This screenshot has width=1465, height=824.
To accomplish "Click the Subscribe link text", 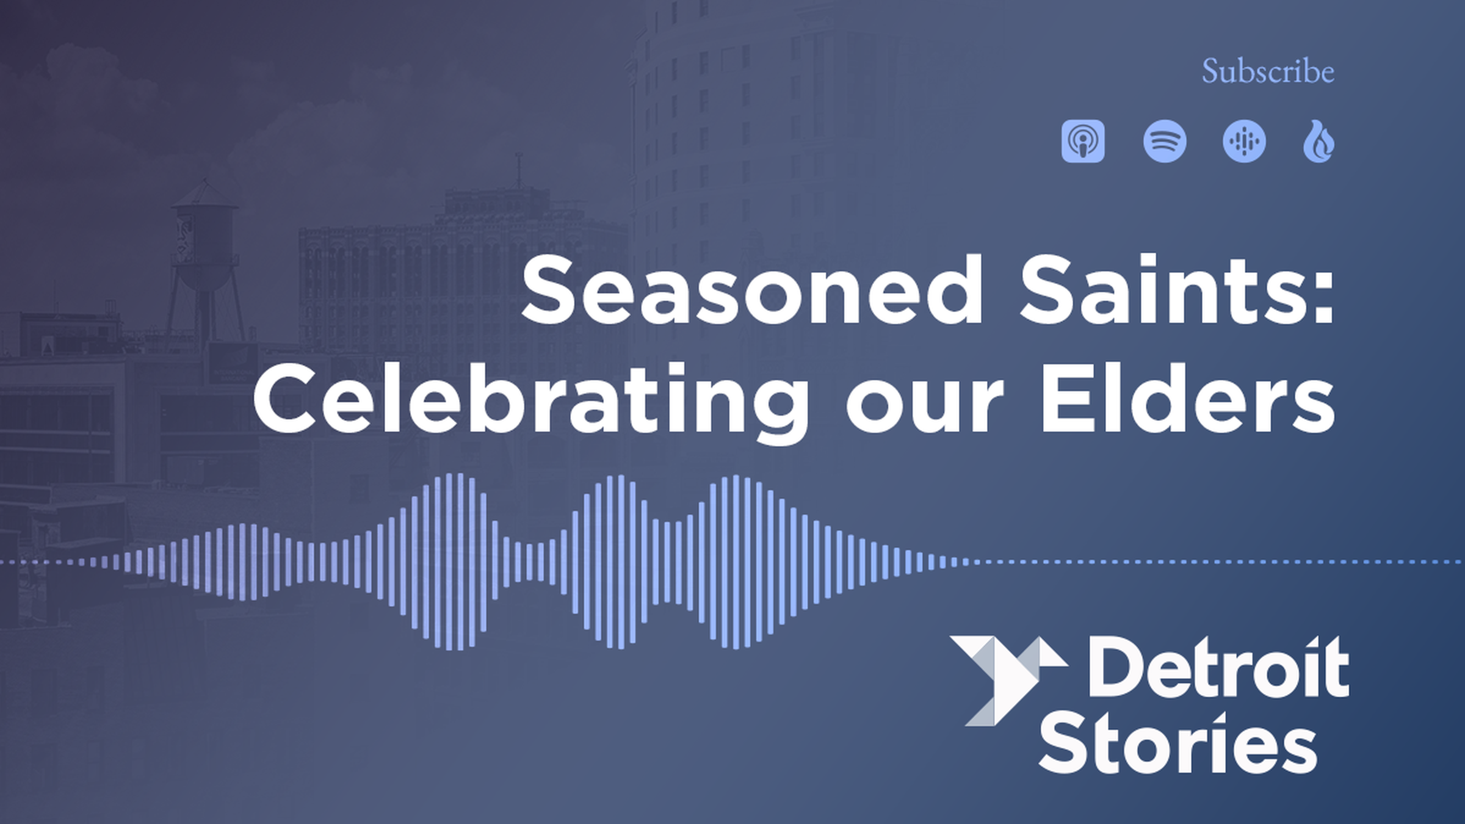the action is pos(1268,71).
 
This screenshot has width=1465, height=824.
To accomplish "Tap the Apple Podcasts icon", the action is pos(1083,142).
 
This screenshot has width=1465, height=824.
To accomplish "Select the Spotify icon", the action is pos(1165,142).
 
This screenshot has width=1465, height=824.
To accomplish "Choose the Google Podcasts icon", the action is pos(1244,142).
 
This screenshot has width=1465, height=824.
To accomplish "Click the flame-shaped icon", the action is pos(1318,142).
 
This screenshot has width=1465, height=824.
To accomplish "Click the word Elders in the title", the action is pos(1188,398).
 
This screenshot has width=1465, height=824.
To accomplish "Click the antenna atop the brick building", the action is pos(519,171).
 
